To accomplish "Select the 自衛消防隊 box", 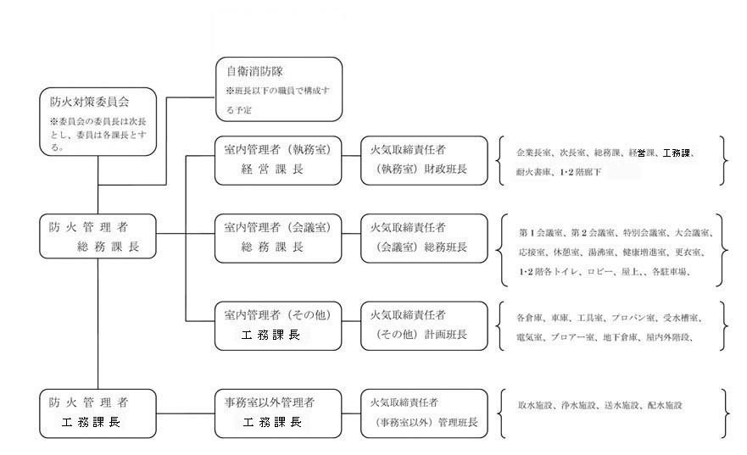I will tap(279, 89).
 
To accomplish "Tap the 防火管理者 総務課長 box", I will tap(98, 236).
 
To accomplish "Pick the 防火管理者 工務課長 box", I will tap(98, 411).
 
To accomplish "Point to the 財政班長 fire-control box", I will tap(424, 160).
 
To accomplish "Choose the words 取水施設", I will tap(535, 406).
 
